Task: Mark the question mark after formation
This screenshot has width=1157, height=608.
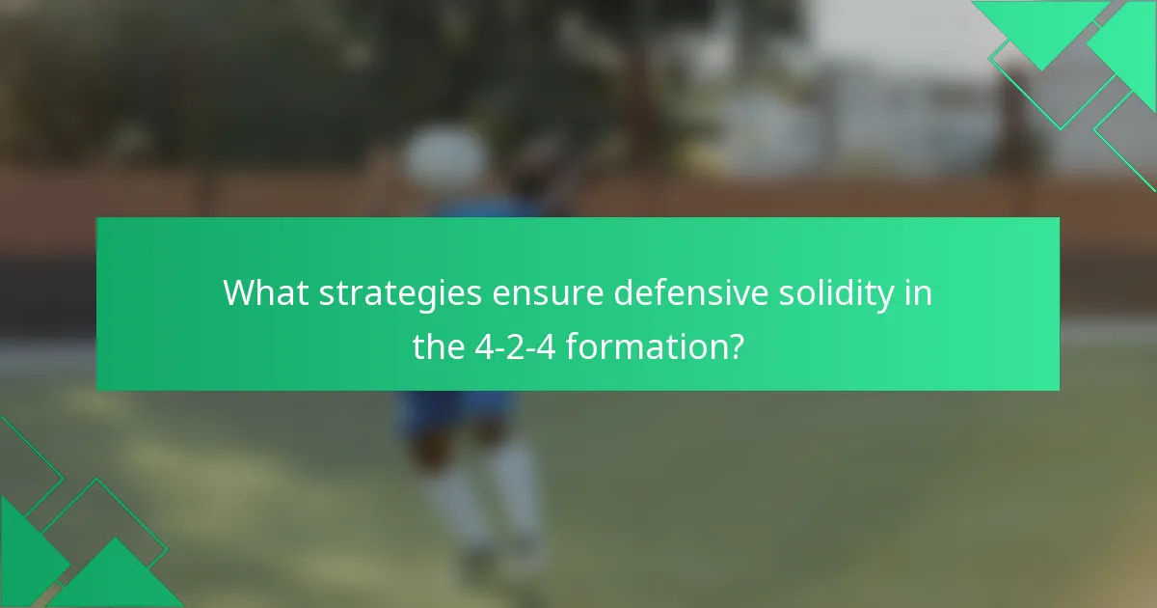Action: (735, 345)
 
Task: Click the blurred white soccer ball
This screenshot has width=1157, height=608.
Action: (444, 154)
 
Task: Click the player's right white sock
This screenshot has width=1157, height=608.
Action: (515, 492)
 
